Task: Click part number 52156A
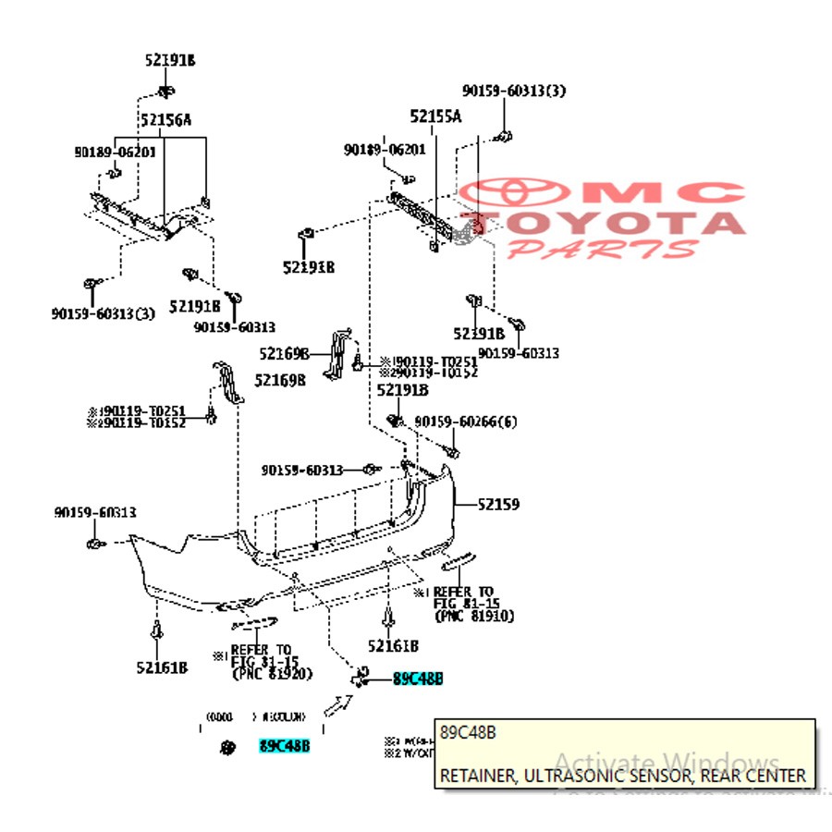point(165,119)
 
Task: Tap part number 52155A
point(435,116)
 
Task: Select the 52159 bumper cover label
point(498,505)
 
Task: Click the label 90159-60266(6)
point(466,422)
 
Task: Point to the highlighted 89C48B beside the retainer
point(418,679)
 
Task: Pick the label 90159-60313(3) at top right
point(514,91)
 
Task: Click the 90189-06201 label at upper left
point(116,151)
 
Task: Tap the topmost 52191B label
point(170,61)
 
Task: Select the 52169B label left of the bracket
point(284,353)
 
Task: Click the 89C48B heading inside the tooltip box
point(468,733)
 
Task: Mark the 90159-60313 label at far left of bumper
point(95,512)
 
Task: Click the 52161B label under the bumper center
point(393,645)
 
